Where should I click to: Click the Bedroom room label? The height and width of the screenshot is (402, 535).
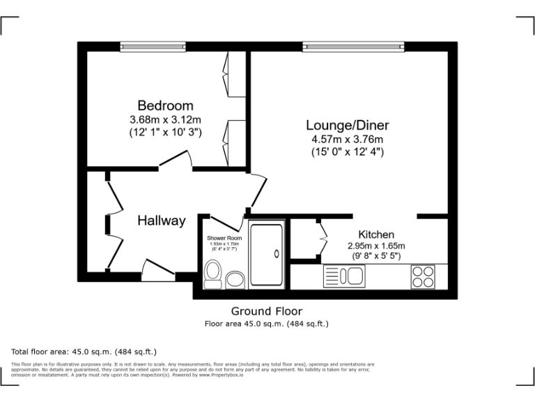point(165,105)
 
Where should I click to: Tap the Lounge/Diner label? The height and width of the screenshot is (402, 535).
point(348,126)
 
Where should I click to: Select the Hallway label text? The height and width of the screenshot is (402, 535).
point(161,221)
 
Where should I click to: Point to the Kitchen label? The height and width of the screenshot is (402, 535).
point(376,234)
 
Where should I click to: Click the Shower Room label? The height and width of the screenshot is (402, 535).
point(224,238)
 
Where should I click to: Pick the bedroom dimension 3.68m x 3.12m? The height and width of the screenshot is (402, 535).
point(165,119)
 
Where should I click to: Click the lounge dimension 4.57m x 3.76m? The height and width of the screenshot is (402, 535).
point(348,139)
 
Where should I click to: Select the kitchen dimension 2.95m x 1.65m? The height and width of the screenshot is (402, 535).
point(376,246)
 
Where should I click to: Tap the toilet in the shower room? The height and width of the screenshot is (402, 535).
point(213,274)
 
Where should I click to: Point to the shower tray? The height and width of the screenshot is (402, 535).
point(267,254)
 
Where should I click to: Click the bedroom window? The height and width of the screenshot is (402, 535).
point(153,47)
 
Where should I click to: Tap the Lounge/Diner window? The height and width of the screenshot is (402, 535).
point(353,47)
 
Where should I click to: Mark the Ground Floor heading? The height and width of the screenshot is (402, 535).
point(267,311)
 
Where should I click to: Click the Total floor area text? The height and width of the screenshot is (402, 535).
point(84,351)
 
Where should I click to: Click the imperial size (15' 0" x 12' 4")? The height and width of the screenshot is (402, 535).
point(348,151)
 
